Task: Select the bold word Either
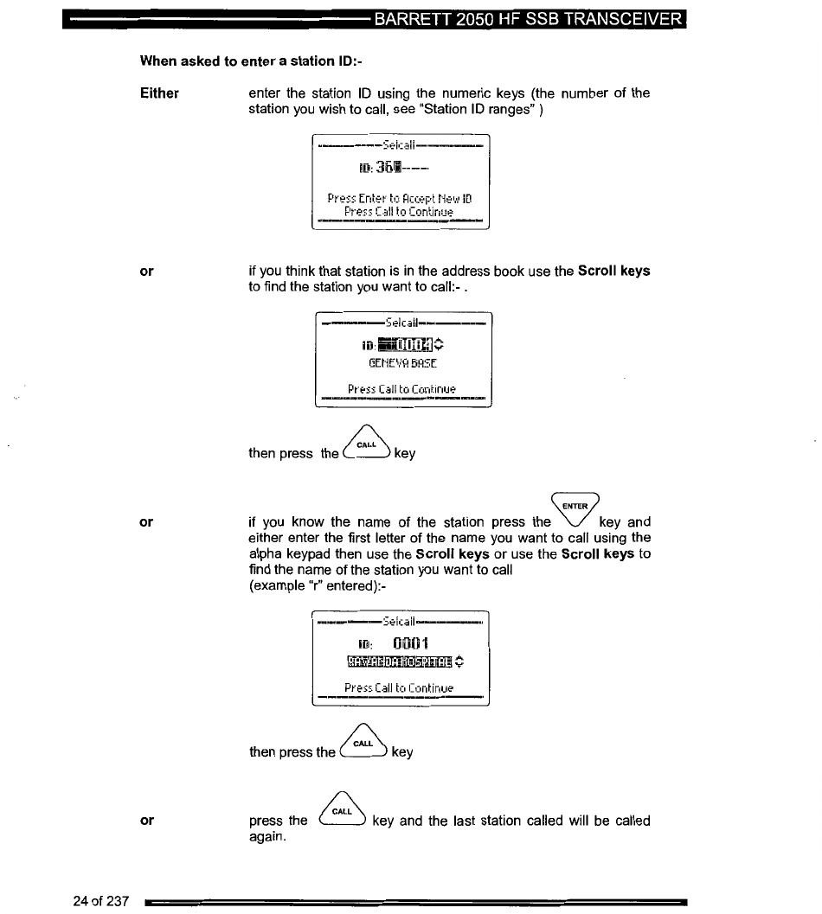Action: (159, 93)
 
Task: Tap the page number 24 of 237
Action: (101, 902)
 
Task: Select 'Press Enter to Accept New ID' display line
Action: (399, 198)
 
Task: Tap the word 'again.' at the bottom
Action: (267, 837)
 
